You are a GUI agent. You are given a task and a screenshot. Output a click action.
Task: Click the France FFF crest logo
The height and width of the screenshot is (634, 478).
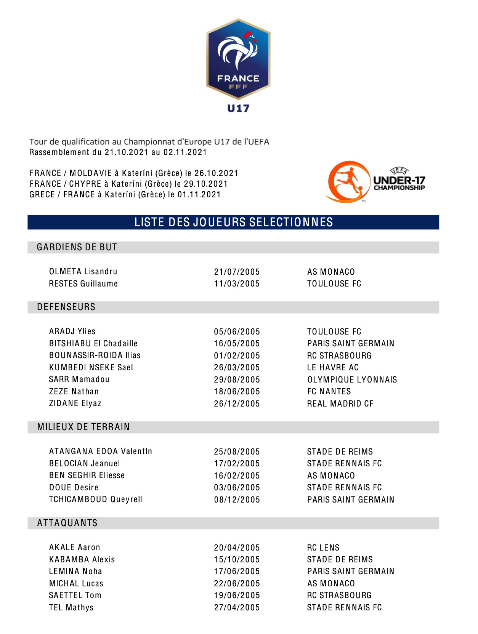[238, 59]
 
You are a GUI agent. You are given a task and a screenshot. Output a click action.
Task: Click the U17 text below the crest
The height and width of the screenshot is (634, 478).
[238, 109]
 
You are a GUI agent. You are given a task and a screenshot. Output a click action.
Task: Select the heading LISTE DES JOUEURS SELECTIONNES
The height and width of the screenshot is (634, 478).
[234, 222]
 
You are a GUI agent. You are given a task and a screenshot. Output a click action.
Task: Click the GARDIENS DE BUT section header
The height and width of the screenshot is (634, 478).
[77, 247]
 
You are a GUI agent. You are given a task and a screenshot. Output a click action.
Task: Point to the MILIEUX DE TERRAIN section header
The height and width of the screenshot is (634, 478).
[83, 427]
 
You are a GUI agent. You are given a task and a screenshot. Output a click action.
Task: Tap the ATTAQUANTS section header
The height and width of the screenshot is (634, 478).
[67, 523]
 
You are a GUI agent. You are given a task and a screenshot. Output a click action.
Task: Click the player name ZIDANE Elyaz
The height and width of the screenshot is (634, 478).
[75, 403]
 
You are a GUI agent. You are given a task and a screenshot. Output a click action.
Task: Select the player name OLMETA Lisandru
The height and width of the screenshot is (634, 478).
[83, 272]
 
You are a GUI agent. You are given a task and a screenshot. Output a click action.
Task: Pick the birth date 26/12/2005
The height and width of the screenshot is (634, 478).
[237, 404]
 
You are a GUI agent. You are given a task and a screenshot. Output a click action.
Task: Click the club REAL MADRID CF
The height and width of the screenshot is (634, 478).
[340, 404]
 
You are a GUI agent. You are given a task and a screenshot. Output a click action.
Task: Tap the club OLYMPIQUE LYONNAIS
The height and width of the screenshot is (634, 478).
[352, 380]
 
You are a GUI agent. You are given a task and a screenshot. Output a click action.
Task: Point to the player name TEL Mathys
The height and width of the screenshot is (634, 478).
[71, 608]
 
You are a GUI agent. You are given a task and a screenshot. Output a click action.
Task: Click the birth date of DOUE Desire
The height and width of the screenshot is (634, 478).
[237, 488]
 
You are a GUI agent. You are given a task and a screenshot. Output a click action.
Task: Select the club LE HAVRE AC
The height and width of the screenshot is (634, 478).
[333, 368]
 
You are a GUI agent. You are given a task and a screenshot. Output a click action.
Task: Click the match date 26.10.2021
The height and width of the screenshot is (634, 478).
[216, 173]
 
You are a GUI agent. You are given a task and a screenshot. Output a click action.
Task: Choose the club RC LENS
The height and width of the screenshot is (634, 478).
[323, 548]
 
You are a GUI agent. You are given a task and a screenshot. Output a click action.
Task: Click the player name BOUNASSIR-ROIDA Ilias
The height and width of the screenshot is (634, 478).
[95, 355]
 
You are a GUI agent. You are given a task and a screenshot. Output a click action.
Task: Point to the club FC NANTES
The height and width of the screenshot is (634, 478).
[329, 392]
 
